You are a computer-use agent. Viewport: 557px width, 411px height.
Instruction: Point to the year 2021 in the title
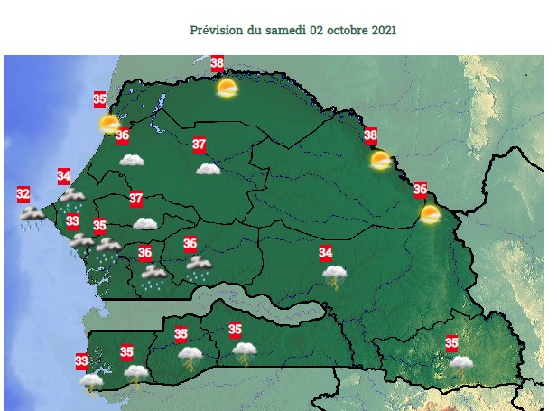coord(383,30)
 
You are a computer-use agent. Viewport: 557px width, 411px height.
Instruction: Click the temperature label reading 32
coord(23,193)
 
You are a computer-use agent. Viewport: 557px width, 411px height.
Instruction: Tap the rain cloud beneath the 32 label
coord(33,215)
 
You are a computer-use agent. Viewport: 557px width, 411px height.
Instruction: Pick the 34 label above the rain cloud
coord(64,175)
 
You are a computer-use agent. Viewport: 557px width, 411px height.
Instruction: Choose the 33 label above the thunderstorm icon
coord(81,362)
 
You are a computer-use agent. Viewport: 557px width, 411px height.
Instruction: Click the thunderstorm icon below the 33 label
coord(91,382)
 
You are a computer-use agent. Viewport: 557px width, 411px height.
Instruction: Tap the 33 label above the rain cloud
coord(72,221)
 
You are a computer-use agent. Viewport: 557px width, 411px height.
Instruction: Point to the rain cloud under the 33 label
coord(81,241)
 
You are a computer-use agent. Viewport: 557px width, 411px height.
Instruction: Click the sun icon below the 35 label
coord(109,124)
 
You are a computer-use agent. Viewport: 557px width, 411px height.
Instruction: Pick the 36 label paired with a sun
coord(420,190)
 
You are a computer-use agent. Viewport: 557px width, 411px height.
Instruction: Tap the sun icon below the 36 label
coord(430,214)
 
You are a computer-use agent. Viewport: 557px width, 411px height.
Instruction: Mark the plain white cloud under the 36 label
coord(132,160)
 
